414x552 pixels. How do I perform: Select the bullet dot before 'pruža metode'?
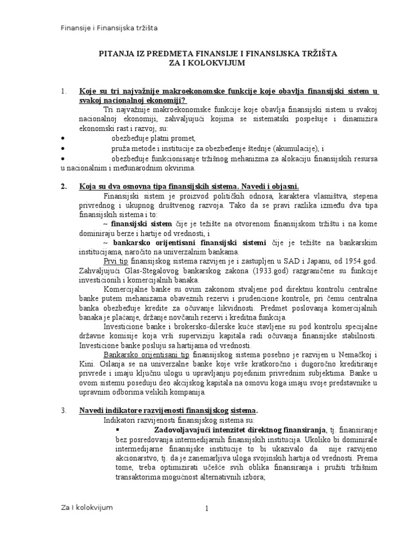pos(63,148)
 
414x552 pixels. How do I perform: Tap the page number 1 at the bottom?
pos(206,509)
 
